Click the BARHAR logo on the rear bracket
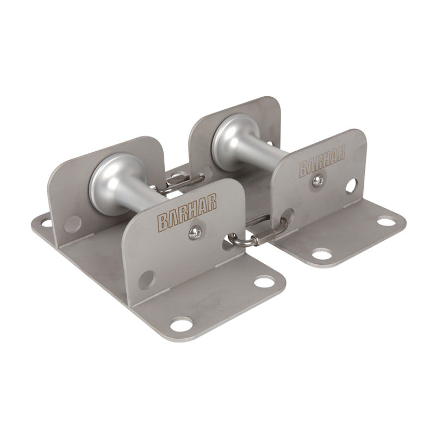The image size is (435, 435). tap(322, 160)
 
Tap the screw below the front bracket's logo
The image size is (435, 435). tap(195, 233)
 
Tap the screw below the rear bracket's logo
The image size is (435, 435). tap(318, 182)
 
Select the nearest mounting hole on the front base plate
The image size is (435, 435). tap(181, 325)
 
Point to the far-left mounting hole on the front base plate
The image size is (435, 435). tap(47, 222)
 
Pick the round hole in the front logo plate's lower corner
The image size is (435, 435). tap(147, 279)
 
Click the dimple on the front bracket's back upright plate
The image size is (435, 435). tap(73, 224)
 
